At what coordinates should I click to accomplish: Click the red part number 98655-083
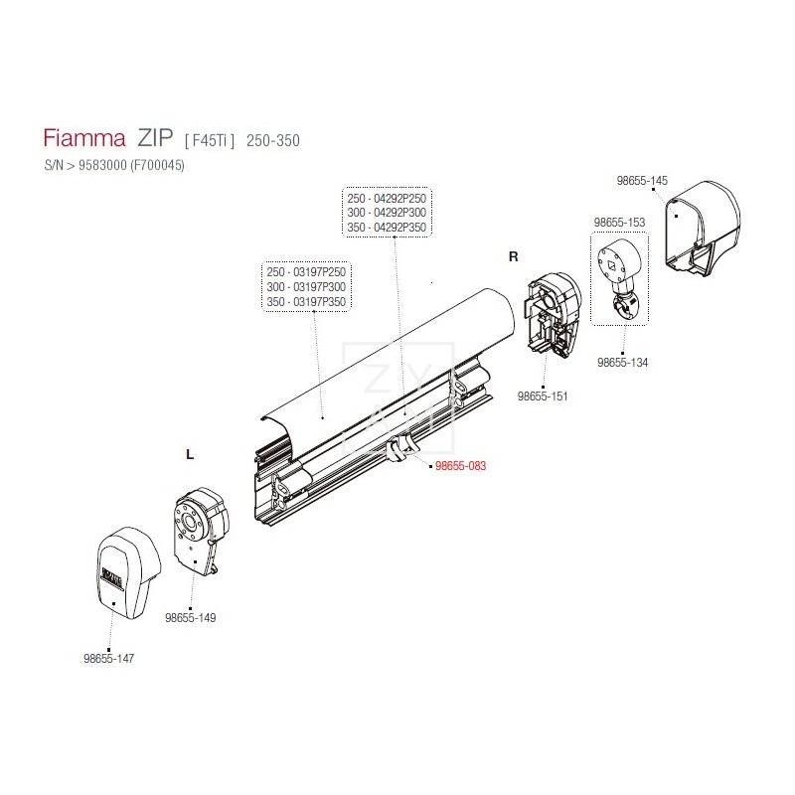pos(460,465)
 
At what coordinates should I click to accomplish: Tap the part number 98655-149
pos(190,617)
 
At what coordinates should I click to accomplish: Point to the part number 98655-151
pos(544,397)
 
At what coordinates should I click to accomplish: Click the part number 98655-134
pos(622,363)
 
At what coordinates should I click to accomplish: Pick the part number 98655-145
pos(642,181)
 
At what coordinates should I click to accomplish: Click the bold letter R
pos(514,256)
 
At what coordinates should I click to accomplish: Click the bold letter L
pos(190,454)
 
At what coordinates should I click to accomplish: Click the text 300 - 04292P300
pos(387,213)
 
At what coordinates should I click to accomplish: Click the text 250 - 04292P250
pos(387,198)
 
